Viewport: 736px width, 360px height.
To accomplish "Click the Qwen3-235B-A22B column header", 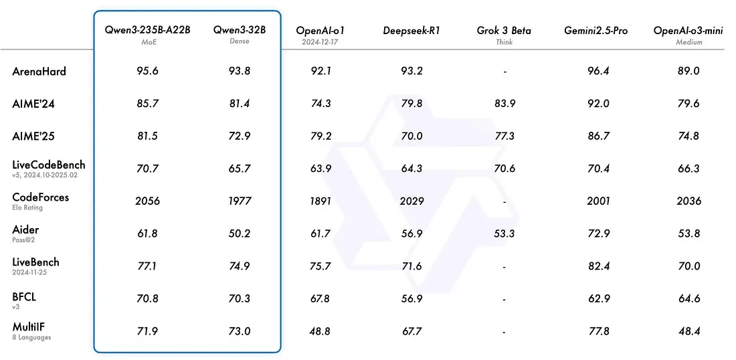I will pos(147,30).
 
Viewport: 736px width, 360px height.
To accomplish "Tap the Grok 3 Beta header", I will pos(504,31).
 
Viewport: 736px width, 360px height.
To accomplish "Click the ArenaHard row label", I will pos(39,71).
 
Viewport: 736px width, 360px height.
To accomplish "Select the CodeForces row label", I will pos(40,197).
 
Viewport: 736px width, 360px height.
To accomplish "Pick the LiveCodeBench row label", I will pos(49,165).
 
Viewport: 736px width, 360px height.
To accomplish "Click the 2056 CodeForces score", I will pos(147,201).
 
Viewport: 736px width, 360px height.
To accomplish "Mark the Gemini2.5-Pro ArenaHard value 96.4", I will pos(597,71).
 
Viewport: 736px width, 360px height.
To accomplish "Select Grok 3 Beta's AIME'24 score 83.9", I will pos(504,104).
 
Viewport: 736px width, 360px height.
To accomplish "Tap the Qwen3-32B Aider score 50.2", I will pos(238,233).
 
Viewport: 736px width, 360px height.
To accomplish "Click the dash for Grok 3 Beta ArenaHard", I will pos(504,72).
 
